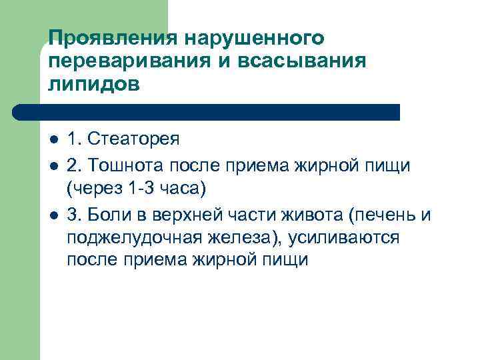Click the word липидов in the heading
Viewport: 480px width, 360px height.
(x=94, y=85)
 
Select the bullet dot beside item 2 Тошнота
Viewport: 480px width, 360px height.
(x=54, y=165)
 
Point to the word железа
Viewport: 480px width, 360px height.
(x=237, y=237)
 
